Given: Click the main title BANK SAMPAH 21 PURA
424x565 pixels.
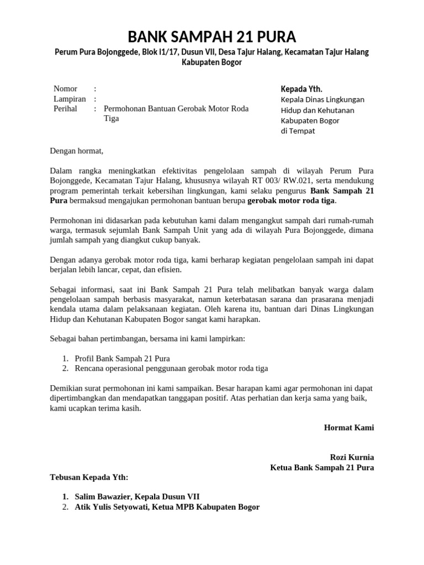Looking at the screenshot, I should pyautogui.click(x=212, y=37).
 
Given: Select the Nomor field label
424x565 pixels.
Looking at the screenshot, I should pyautogui.click(x=65, y=89).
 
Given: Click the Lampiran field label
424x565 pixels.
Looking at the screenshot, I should pyautogui.click(x=70, y=99).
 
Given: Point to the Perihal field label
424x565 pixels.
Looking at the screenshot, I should pyautogui.click(x=65, y=109).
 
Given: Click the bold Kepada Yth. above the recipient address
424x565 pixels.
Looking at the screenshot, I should pyautogui.click(x=301, y=89).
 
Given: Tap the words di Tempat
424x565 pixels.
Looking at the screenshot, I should pyautogui.click(x=298, y=131).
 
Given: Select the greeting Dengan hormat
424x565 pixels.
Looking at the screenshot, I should pyautogui.click(x=77, y=150).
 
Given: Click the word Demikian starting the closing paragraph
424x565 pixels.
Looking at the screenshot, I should pyautogui.click(x=68, y=388).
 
